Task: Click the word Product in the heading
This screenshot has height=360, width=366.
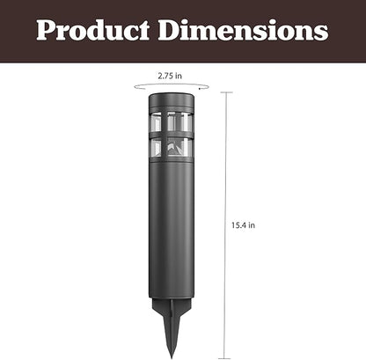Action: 92,30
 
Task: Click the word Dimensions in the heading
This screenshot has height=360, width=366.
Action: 243,30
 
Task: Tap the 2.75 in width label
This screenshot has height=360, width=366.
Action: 170,76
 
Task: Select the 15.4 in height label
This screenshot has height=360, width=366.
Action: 243,225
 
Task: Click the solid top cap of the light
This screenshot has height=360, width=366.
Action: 172,101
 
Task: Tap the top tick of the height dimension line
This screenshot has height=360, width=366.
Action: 226,92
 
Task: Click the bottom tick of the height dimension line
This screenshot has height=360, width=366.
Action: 225,358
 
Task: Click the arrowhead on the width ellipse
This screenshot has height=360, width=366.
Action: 200,88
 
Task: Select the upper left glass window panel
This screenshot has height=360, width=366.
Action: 156,122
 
